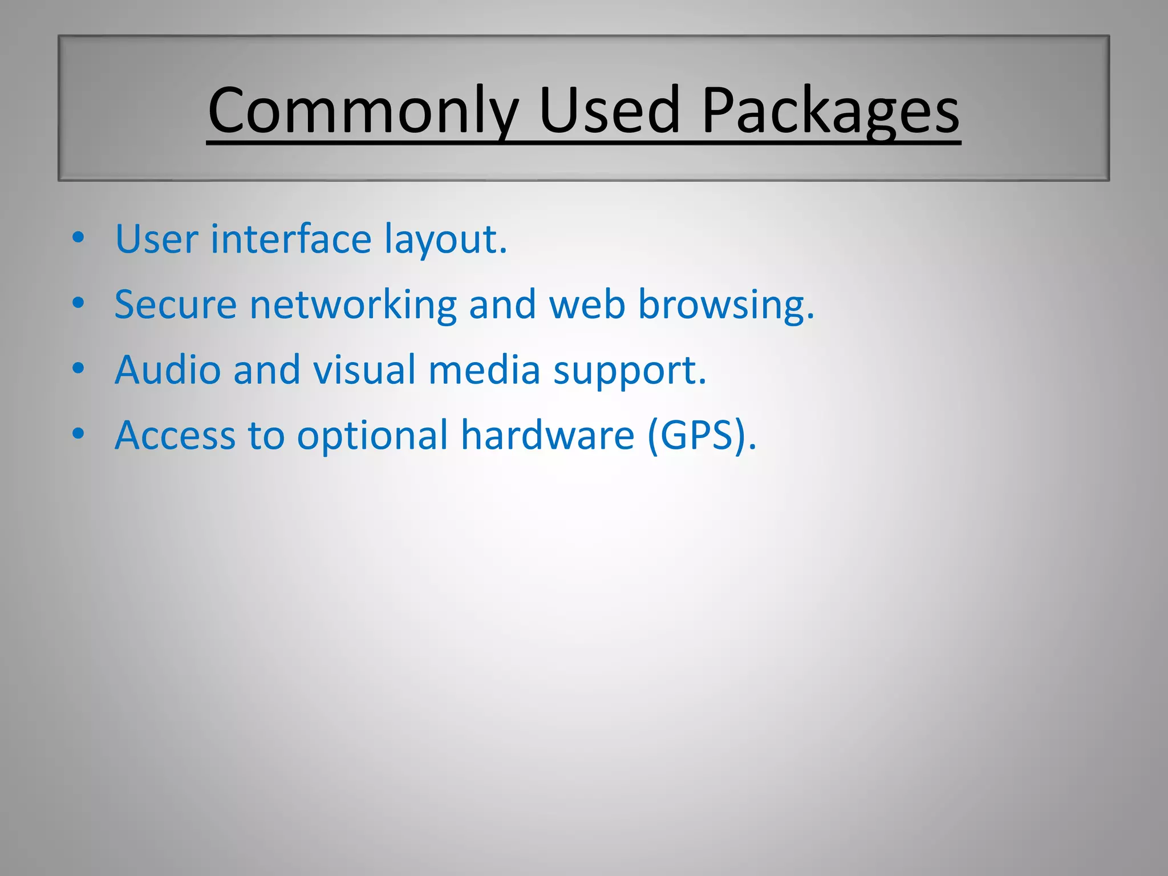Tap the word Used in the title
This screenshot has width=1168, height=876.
point(609,111)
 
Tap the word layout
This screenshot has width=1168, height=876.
point(445,240)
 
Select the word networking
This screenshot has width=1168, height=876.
point(353,305)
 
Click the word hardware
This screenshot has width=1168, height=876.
point(547,435)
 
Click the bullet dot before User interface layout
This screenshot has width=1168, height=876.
point(79,237)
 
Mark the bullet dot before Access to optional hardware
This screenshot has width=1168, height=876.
point(79,433)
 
